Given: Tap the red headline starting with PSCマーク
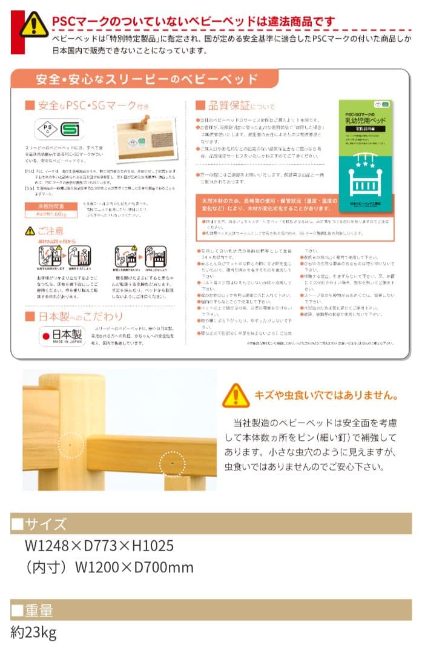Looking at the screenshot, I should click(x=193, y=23).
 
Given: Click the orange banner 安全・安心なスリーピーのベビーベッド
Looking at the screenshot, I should click(x=146, y=79).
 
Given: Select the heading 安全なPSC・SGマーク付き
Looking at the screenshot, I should click(x=90, y=105).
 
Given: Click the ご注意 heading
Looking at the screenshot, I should click(x=47, y=231).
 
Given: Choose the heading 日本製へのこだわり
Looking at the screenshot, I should click(x=76, y=317).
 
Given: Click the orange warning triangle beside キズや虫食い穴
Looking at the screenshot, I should click(x=235, y=395).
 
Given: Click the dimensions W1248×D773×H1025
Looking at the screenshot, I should click(x=99, y=546).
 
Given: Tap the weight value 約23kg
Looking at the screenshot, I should click(x=34, y=633).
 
